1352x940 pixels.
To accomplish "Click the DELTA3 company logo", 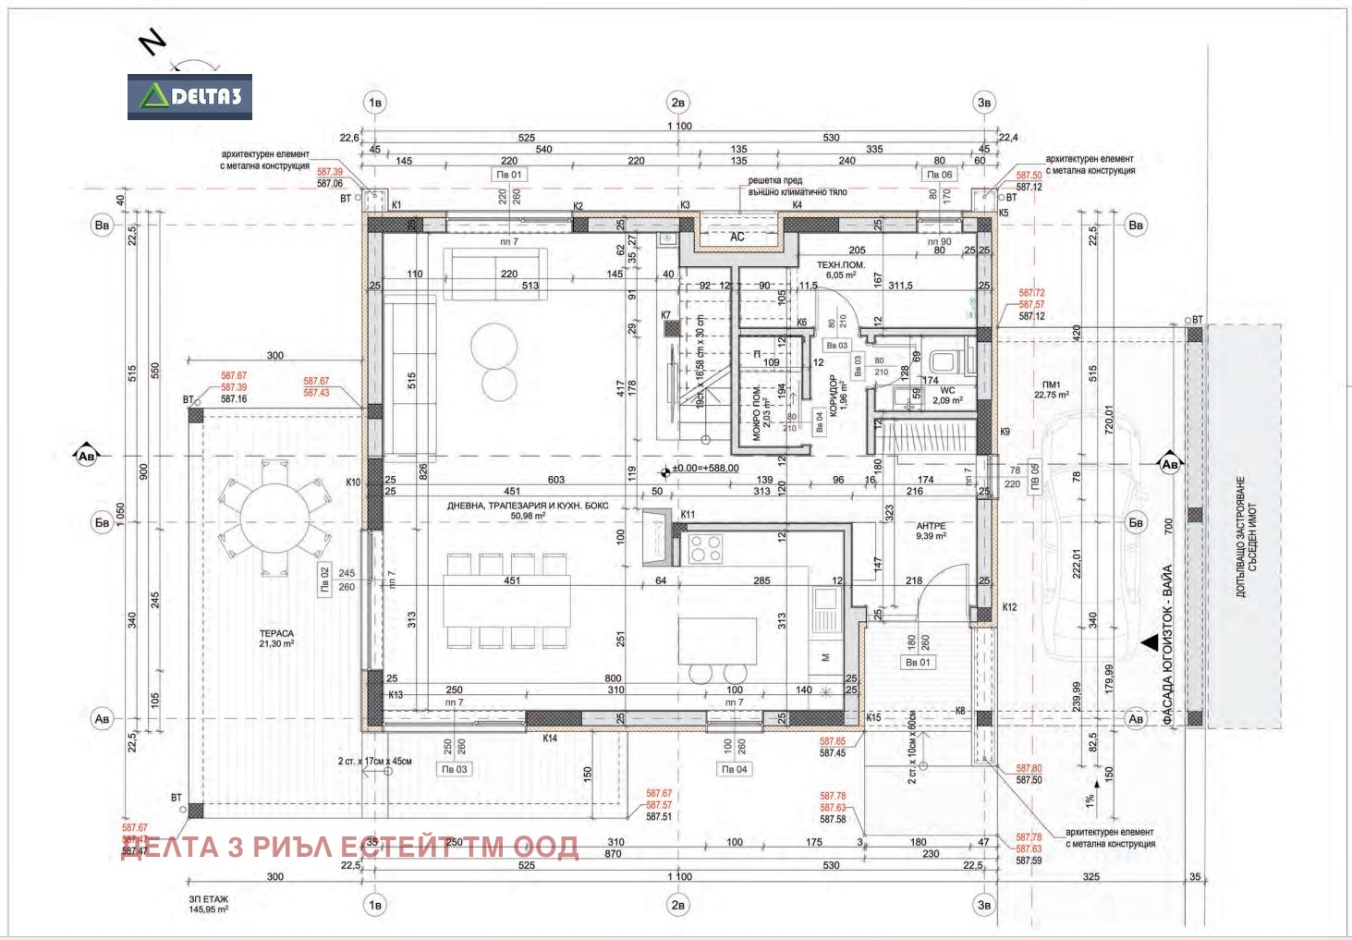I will (x=189, y=97).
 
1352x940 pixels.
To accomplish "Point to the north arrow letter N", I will (x=152, y=42).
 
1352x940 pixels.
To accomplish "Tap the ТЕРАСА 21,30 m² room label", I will (x=276, y=639).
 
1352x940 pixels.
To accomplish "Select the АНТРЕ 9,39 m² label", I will (x=931, y=531).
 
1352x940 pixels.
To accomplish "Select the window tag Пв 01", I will (x=509, y=174).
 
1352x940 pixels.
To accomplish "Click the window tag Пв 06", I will (x=939, y=174).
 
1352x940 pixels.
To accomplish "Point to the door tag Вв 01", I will (x=918, y=662).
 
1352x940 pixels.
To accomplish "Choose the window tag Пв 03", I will (x=455, y=769).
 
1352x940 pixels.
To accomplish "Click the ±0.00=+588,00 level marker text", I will (x=705, y=469).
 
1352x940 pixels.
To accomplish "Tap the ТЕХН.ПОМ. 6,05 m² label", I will (x=841, y=270).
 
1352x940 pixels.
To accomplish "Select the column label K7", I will (x=666, y=315).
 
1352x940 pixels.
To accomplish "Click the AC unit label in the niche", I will (x=737, y=238).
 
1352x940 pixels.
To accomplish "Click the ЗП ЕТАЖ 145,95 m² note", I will (x=209, y=904).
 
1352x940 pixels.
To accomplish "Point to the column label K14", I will (x=550, y=738).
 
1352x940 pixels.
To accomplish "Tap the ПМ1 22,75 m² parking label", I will (x=1052, y=389).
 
